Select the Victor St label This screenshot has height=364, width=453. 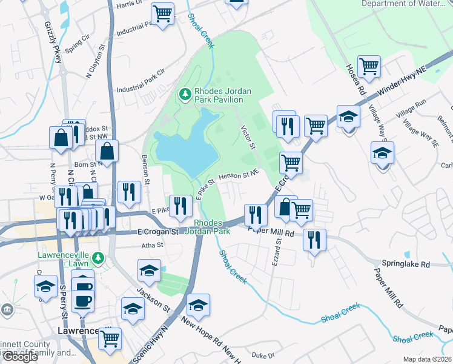tap(249, 138)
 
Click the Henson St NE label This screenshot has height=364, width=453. tap(239, 175)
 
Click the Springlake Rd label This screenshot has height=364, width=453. tap(405, 265)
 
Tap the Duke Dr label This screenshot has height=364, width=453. tap(263, 354)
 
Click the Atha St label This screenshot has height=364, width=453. tap(152, 245)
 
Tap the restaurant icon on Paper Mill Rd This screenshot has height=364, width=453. tap(314, 240)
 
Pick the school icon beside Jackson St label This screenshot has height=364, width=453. tap(149, 271)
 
